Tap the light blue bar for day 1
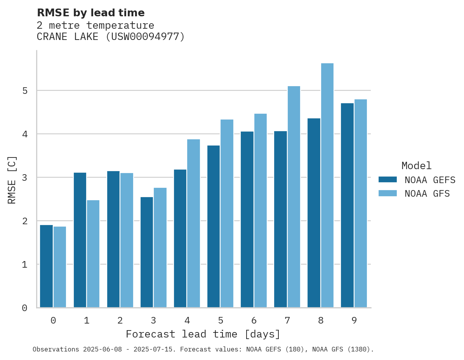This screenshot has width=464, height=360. [x=93, y=254]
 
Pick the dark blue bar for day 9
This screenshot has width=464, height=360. [x=347, y=205]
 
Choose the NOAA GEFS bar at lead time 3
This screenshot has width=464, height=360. [x=147, y=252]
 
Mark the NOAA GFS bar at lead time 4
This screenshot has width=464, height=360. [x=193, y=223]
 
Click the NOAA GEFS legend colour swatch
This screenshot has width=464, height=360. [x=388, y=180]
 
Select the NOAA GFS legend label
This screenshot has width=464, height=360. [x=427, y=194]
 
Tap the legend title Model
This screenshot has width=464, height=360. [x=416, y=166]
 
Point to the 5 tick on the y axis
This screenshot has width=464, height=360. [x=25, y=91]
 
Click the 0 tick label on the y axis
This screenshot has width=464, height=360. [x=25, y=308]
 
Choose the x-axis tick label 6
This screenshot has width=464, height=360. [x=254, y=320]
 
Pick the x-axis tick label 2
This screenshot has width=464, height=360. [x=120, y=320]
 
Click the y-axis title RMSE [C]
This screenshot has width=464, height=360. [x=12, y=180]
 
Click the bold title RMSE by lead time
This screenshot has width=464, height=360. [x=90, y=13]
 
